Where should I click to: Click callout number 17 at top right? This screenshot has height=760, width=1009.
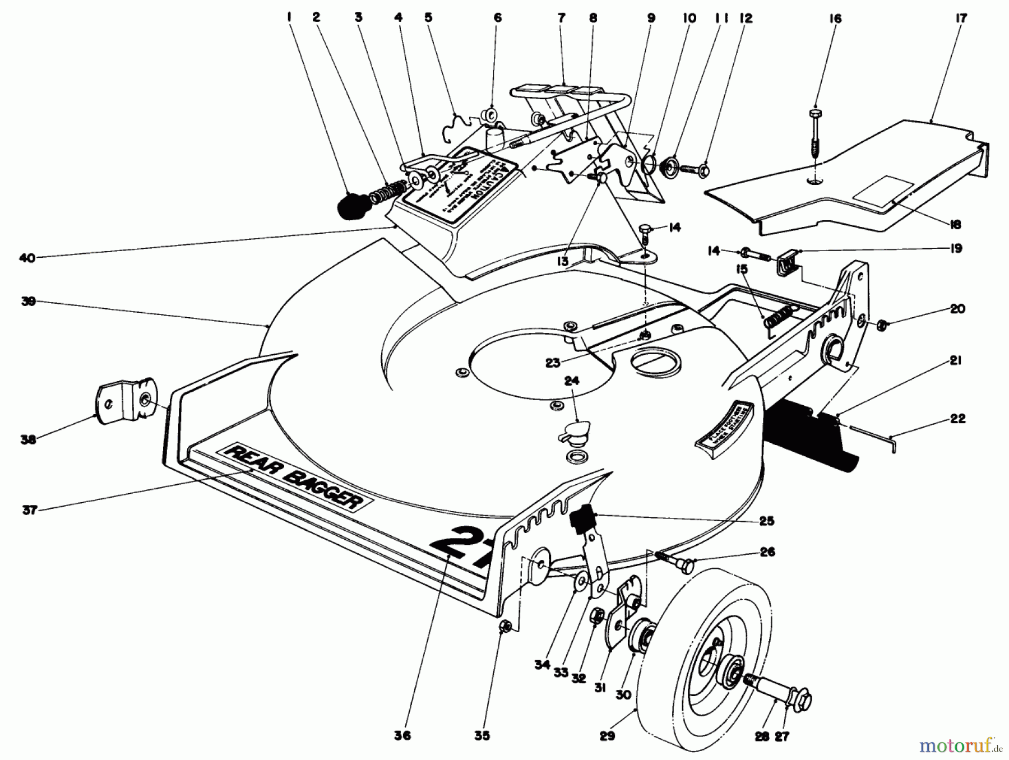[961, 18]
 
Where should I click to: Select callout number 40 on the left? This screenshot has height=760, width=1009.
[27, 258]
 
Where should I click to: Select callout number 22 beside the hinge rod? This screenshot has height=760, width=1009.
[957, 419]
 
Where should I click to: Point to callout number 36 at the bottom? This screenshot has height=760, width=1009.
[402, 735]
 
